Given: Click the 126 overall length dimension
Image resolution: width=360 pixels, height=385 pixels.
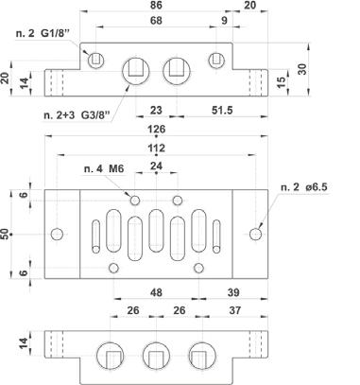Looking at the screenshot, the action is [156, 130].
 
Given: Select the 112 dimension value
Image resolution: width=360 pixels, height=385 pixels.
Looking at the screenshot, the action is [156, 148].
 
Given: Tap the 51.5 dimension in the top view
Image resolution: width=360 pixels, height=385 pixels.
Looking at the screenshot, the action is [222, 110].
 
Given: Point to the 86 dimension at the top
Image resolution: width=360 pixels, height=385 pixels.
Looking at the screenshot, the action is [156, 5].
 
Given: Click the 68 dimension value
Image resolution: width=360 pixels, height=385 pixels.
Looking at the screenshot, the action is [156, 21].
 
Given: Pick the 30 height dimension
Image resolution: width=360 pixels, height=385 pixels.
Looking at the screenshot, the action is [301, 69].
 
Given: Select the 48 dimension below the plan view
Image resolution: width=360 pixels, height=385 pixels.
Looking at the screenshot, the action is [156, 292].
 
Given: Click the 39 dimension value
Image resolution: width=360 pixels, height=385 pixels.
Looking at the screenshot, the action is [233, 292].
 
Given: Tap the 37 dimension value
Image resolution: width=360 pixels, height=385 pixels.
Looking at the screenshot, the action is [235, 310].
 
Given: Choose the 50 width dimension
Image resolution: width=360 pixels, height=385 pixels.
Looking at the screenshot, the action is [5, 234].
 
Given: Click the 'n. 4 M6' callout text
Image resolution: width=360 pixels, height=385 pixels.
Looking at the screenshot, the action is [104, 169].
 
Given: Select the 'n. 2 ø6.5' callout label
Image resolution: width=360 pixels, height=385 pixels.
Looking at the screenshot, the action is [304, 187].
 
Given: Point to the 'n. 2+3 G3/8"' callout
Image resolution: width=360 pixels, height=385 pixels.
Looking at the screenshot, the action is [77, 115].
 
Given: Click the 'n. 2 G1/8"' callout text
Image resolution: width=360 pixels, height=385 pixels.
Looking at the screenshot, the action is [43, 33].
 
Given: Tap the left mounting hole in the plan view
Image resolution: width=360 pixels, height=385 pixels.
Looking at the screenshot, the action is [57, 235].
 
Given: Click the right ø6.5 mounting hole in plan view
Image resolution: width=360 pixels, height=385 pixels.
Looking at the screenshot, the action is [255, 235].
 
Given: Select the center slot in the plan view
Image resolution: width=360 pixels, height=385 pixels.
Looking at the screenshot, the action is [156, 231].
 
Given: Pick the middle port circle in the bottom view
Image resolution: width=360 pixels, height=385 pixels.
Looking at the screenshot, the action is [156, 356].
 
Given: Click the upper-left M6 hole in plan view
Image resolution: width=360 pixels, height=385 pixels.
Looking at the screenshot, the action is [135, 201].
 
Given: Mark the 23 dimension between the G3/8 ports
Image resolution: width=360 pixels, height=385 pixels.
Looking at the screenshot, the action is [156, 110].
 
